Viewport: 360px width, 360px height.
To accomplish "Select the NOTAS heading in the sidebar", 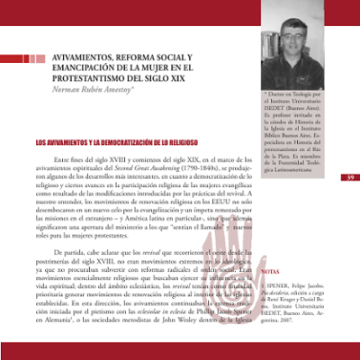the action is [x=270, y=270].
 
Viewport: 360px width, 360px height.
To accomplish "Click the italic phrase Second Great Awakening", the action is [x=136, y=168].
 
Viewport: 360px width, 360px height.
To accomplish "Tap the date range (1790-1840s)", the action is [x=195, y=168].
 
